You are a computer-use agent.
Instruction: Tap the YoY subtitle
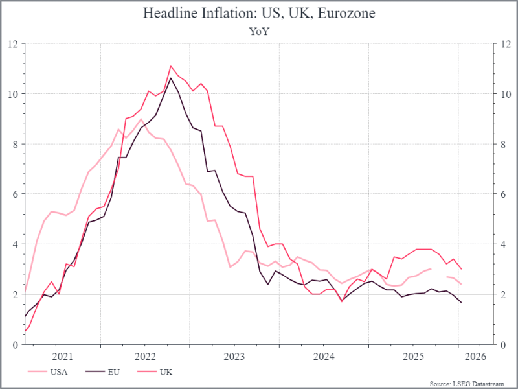(258, 30)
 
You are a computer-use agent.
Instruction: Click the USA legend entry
(58, 372)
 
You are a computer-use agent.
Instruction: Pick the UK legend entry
(164, 372)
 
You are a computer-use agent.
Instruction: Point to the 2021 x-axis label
(62, 356)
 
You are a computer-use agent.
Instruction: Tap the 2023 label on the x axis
(234, 356)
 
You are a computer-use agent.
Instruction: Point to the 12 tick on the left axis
(13, 44)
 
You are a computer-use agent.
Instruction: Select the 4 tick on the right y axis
(501, 244)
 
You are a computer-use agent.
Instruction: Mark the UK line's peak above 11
(171, 66)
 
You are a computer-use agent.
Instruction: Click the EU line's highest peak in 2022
(171, 78)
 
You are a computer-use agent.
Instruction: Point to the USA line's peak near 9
(141, 119)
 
